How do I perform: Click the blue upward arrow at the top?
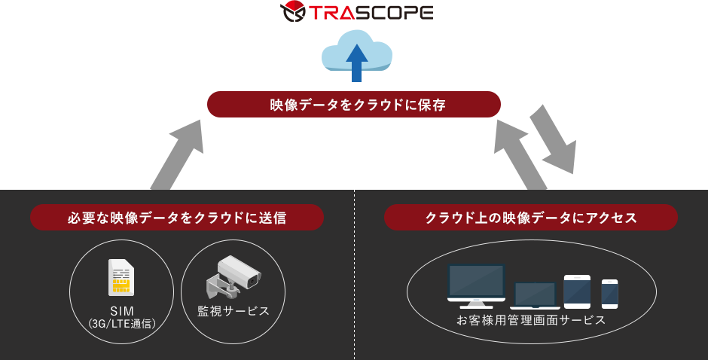pos(357,62)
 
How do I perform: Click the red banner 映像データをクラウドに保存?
pos(353,104)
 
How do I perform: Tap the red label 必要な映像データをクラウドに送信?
pos(177,218)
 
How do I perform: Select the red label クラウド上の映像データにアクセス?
pos(531,218)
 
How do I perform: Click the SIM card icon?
pos(121,278)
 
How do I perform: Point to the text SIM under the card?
pos(121,310)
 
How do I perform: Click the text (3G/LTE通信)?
pos(121,324)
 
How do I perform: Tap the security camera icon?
pos(233,276)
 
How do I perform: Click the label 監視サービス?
pos(233,310)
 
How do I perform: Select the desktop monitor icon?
pos(476,285)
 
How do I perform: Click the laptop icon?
pos(535,294)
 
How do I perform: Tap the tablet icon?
pos(577,291)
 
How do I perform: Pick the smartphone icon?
pos(609,294)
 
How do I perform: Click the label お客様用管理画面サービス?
pos(531,320)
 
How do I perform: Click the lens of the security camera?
pos(252,280)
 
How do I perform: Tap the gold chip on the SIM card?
pos(121,285)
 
